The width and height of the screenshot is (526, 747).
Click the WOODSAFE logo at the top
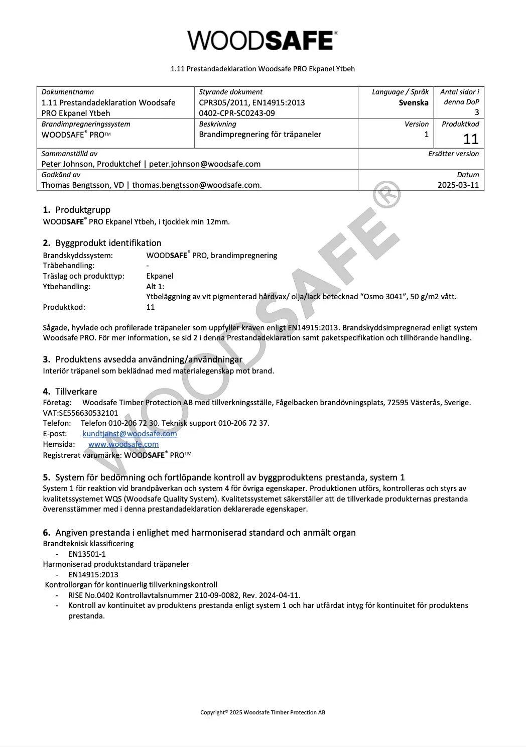pyautogui.click(x=262, y=40)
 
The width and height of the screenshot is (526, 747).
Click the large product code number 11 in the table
pyautogui.click(x=471, y=139)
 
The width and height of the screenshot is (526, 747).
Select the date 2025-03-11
pyautogui.click(x=458, y=185)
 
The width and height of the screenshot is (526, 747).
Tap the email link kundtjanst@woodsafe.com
pyautogui.click(x=129, y=433)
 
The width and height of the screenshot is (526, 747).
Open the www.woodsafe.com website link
pyautogui.click(x=123, y=444)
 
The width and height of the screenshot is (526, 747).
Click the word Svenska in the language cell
pyautogui.click(x=414, y=102)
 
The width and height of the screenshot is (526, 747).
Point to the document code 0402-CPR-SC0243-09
pyautogui.click(x=237, y=113)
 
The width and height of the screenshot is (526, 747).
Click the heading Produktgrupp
pyautogui.click(x=83, y=210)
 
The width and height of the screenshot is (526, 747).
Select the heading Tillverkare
pyautogui.click(x=76, y=392)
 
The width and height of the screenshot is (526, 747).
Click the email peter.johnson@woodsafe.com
pyautogui.click(x=205, y=164)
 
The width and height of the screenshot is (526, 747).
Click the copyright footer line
pyautogui.click(x=262, y=712)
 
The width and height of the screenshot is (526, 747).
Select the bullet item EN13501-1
pyautogui.click(x=87, y=554)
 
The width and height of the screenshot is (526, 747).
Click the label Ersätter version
pyautogui.click(x=453, y=154)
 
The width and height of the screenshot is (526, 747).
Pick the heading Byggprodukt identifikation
pyautogui.click(x=108, y=243)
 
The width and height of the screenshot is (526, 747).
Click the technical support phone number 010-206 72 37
pyautogui.click(x=243, y=423)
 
